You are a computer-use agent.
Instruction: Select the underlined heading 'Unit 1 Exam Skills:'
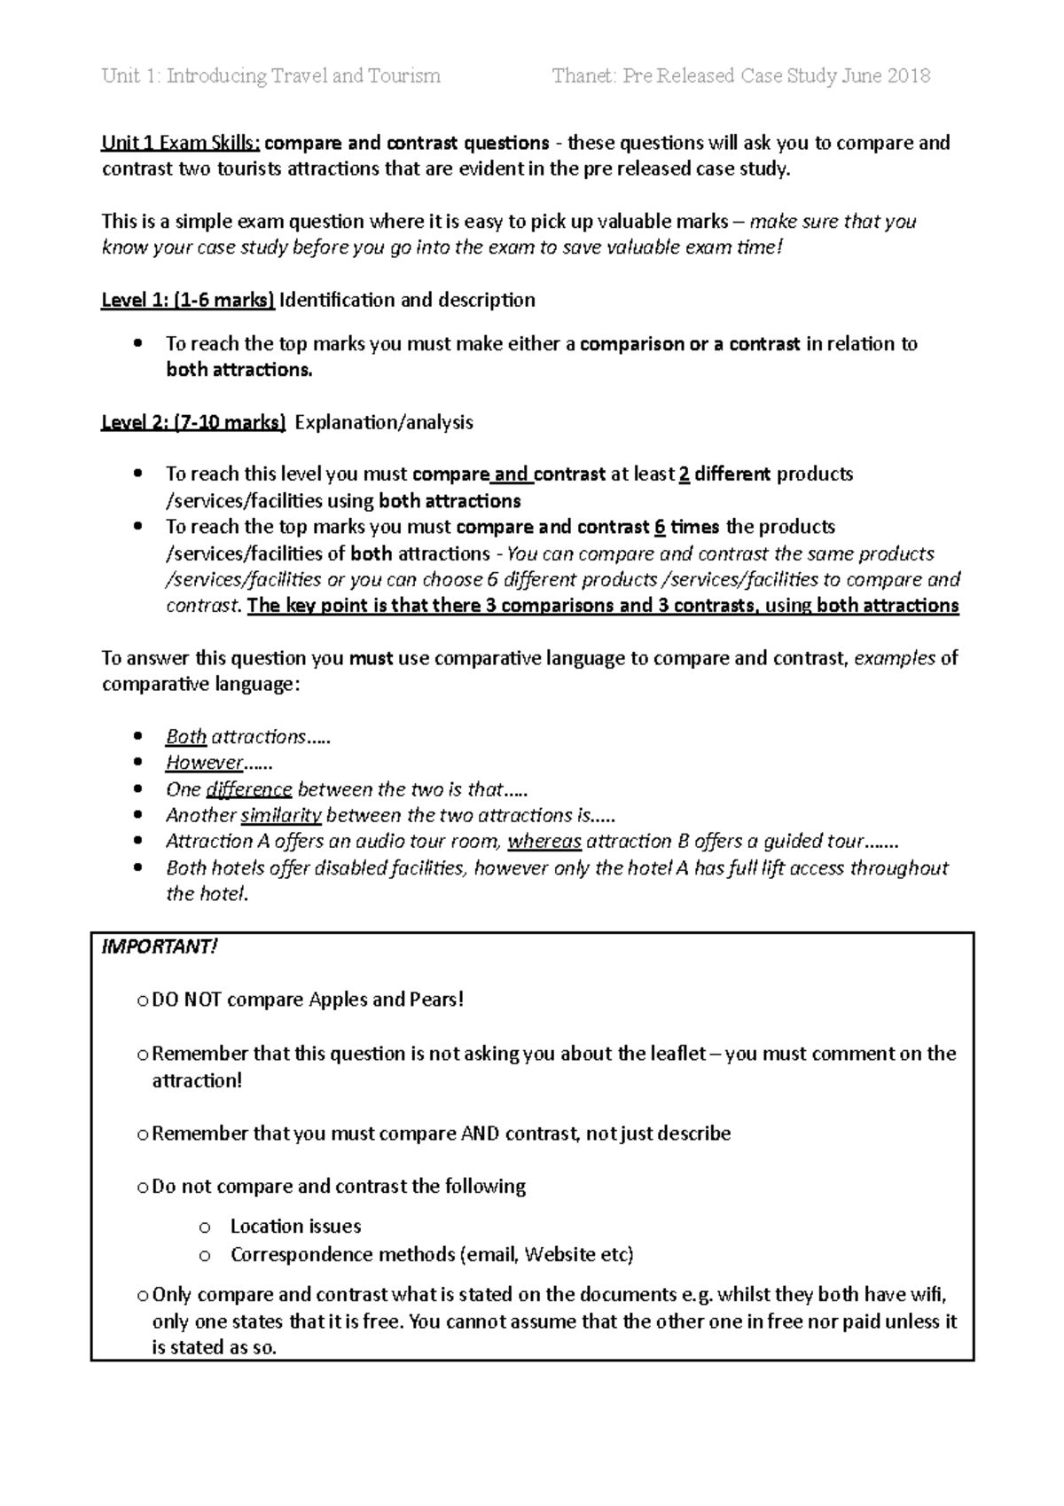(181, 143)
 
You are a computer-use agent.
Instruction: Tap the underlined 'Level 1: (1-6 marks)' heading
(188, 300)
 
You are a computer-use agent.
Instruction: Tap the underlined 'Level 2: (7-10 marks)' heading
(193, 422)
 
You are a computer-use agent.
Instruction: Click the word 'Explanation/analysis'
(383, 422)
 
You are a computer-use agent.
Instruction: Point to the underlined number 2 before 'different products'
(684, 475)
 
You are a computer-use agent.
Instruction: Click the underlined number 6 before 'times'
(659, 527)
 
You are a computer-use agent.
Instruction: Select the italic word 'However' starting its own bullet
(204, 763)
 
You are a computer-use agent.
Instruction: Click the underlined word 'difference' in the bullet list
(248, 789)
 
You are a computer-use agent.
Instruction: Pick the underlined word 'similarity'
(281, 815)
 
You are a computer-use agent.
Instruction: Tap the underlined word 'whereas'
(544, 841)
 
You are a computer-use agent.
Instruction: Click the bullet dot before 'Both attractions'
(137, 737)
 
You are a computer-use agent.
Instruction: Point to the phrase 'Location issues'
(295, 1227)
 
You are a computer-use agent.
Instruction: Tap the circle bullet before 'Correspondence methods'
(205, 1256)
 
